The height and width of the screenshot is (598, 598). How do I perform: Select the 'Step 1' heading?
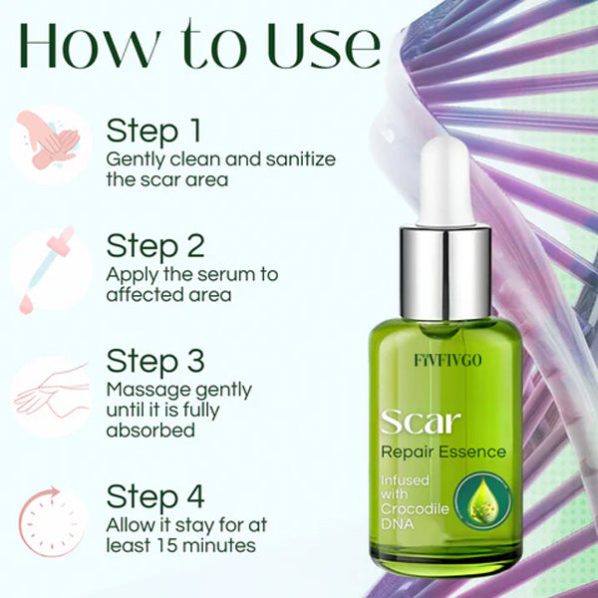coord(154,132)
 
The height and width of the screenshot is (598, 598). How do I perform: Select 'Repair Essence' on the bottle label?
coord(443,452)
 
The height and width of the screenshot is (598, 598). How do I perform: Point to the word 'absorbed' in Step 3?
coord(149,431)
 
